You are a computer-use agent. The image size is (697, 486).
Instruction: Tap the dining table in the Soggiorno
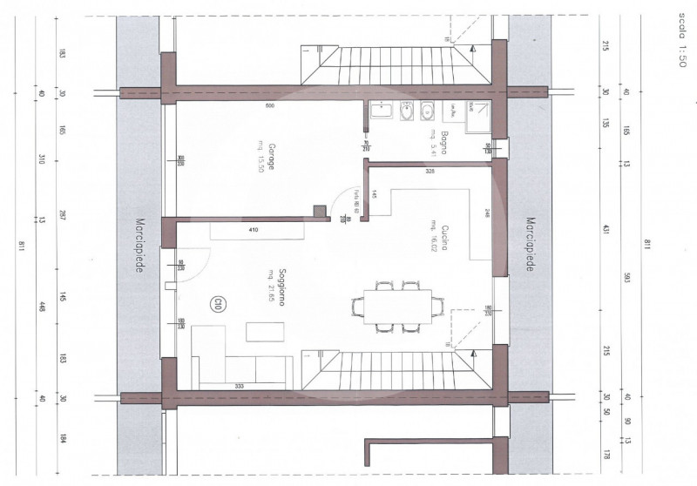(x=396, y=305)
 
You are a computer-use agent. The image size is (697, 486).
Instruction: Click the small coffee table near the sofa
(x=261, y=332)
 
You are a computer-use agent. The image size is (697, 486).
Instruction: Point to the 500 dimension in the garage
(x=269, y=105)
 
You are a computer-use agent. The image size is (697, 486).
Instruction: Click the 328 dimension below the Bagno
(x=430, y=172)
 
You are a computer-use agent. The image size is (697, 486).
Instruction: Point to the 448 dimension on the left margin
(x=42, y=307)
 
